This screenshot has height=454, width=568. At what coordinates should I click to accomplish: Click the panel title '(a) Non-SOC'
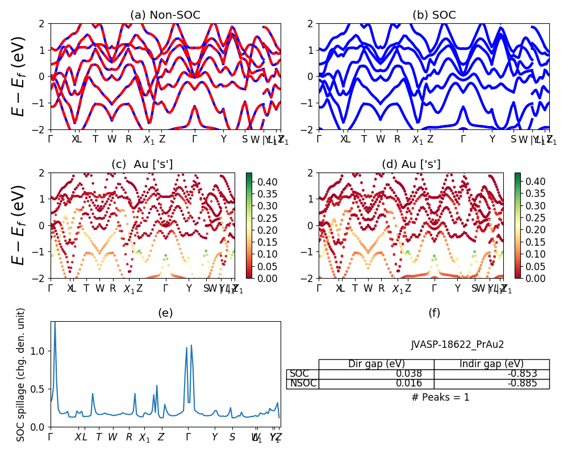point(165,15)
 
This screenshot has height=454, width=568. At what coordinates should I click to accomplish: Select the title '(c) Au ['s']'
point(142,165)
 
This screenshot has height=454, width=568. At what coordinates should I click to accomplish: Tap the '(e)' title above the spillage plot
point(165,313)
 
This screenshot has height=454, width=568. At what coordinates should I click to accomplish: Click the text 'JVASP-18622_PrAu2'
point(457,344)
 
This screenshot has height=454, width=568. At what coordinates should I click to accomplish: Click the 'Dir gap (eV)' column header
point(377,364)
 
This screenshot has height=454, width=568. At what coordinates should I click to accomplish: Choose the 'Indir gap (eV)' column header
point(492,364)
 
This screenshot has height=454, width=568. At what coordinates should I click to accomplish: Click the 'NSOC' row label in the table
point(303,384)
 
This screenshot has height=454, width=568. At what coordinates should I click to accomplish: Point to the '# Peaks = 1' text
point(441,397)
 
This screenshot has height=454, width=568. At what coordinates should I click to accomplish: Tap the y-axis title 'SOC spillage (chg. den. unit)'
point(21,375)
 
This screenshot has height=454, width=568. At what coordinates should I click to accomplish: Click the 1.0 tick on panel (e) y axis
point(40,351)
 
